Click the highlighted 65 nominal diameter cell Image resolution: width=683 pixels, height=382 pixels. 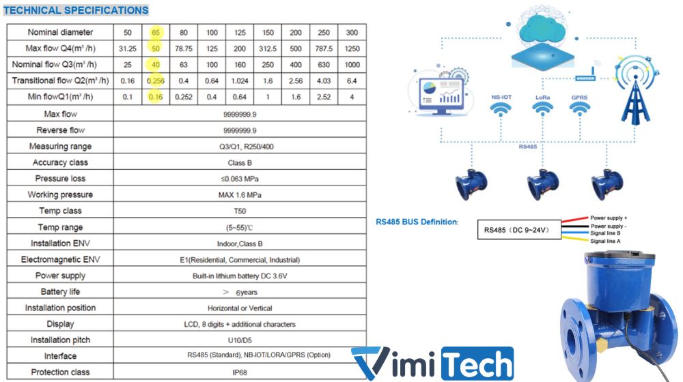(156, 32)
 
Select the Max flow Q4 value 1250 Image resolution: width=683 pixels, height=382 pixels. (352, 48)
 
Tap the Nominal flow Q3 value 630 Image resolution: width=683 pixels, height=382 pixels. (324, 65)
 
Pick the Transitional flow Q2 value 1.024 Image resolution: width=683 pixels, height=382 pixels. (240, 81)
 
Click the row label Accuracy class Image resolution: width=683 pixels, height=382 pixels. (60, 162)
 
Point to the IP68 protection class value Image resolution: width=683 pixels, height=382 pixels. (240, 372)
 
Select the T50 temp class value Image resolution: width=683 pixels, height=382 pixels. (240, 211)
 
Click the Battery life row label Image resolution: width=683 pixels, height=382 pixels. (60, 291)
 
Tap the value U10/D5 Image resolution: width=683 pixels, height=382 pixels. (240, 340)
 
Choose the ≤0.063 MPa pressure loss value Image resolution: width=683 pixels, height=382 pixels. (240, 179)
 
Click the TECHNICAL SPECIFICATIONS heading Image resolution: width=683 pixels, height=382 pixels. (76, 10)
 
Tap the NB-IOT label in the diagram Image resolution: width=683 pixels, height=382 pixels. (501, 97)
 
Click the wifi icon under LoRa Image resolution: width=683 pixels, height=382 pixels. (543, 108)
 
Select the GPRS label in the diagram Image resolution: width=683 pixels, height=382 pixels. (579, 98)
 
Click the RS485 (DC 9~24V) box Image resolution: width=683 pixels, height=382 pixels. (519, 230)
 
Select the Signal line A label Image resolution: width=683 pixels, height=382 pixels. (605, 241)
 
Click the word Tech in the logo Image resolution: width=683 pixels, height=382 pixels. (478, 364)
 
